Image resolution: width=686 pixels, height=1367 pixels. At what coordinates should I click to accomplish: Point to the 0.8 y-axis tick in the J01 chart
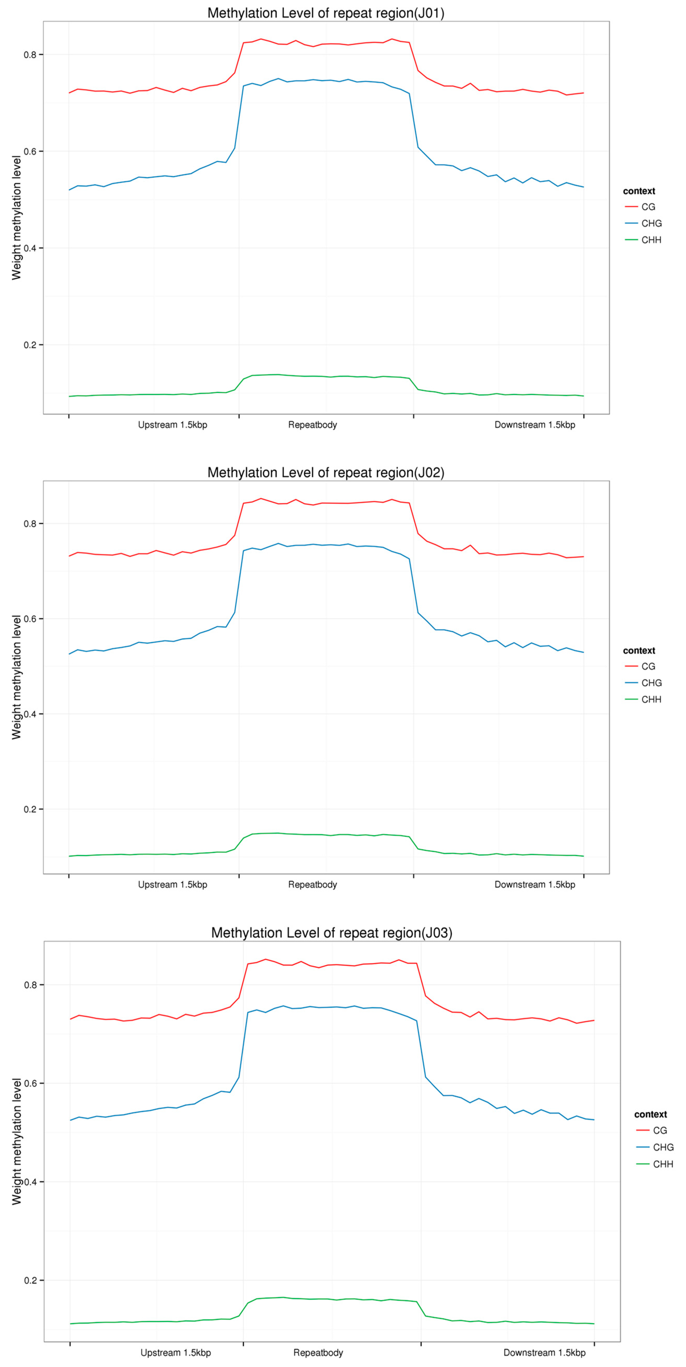(31, 55)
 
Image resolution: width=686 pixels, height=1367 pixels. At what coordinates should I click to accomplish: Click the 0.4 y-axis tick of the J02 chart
(31, 714)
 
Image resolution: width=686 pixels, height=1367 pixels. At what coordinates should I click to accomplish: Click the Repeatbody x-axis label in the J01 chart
(312, 425)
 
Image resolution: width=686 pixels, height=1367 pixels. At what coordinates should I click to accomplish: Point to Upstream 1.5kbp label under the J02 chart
(172, 885)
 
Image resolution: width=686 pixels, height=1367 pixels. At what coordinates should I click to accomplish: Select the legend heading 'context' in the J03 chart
(650, 1115)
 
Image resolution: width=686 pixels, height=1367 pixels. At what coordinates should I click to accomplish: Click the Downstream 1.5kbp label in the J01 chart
(535, 425)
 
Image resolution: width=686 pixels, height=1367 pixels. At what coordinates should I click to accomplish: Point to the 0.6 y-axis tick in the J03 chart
(31, 1083)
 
